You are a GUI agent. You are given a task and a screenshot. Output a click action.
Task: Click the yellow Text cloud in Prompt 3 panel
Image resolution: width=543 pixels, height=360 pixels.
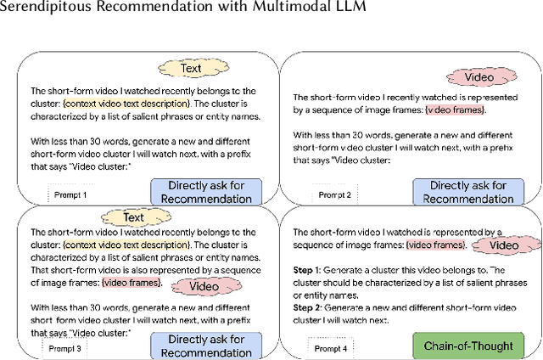[x=133, y=218]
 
